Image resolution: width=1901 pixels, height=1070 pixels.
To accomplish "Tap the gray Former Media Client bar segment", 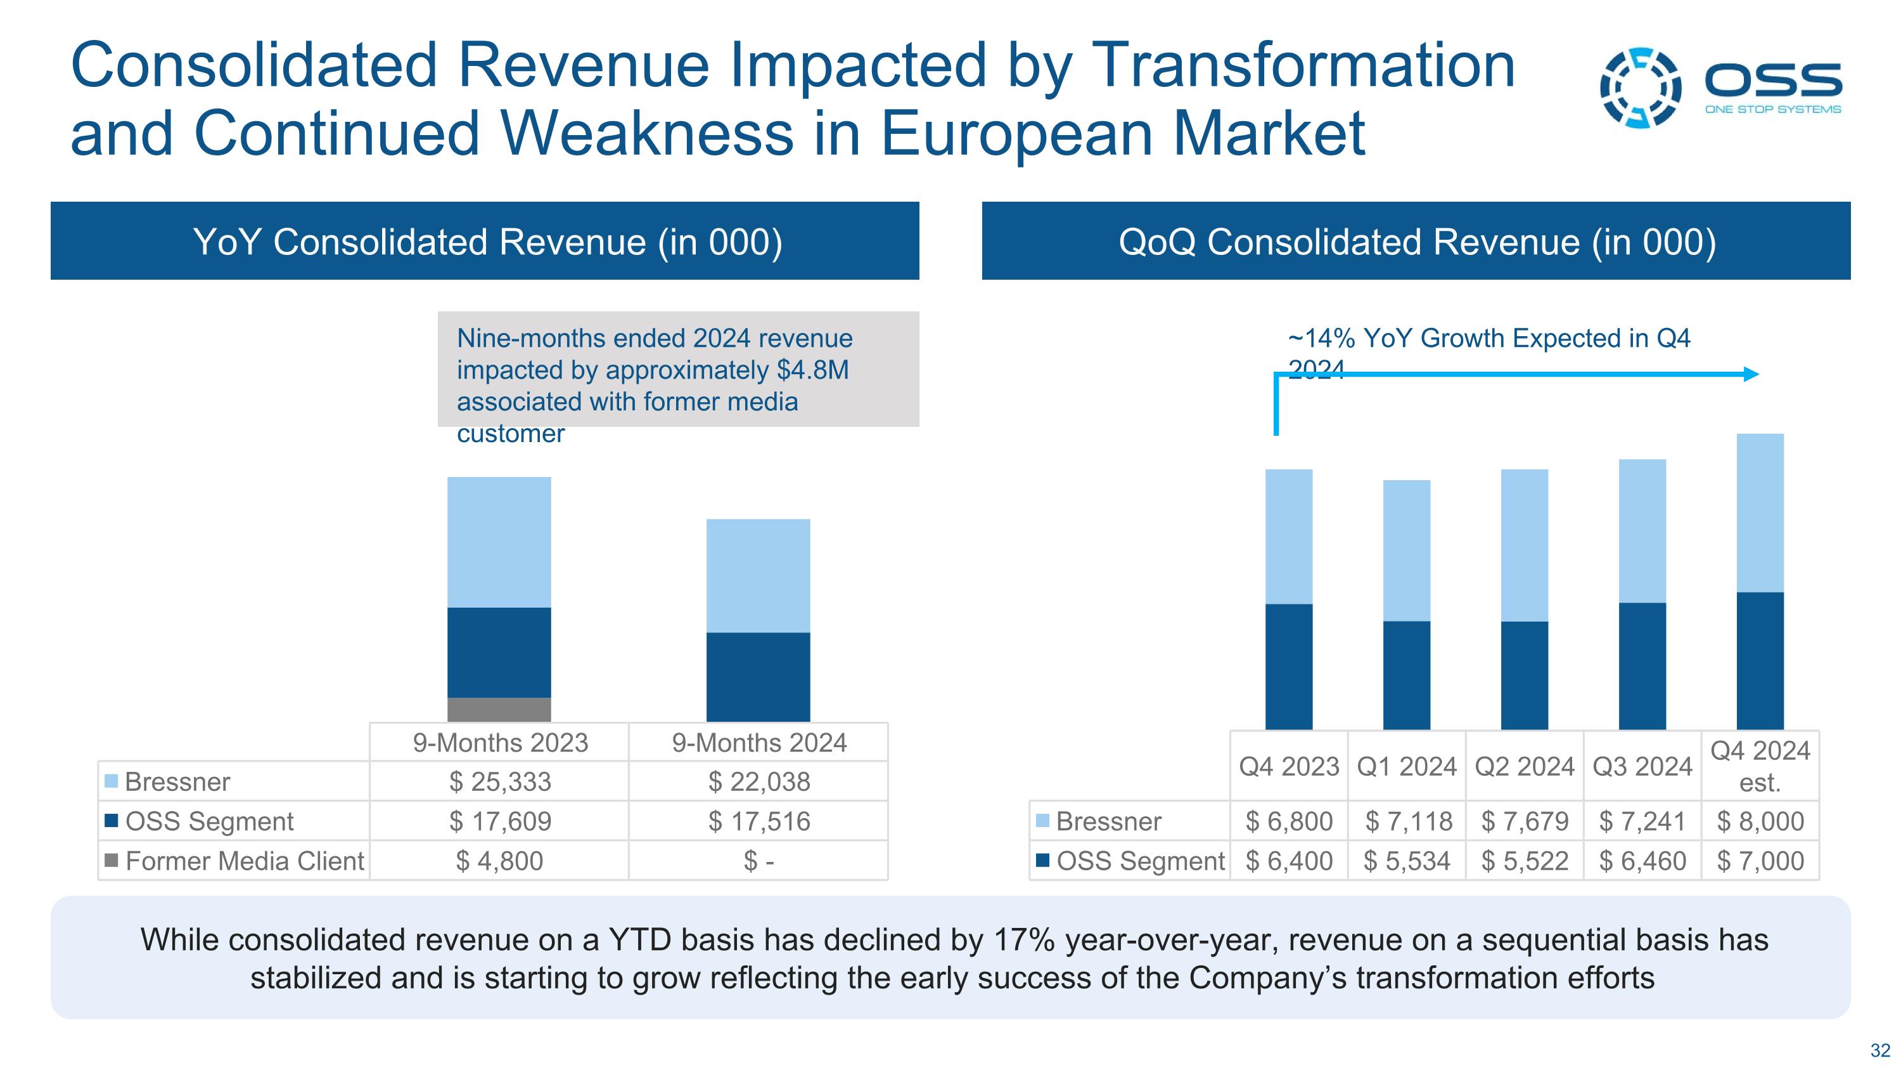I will (x=499, y=710).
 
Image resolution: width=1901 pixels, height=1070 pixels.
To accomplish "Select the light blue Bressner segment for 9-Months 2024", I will (x=758, y=575).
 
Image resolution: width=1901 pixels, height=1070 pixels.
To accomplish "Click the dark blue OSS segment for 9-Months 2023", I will (x=499, y=652).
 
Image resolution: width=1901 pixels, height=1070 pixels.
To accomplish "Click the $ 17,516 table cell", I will (x=758, y=821).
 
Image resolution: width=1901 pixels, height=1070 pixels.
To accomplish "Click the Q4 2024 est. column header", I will (x=1760, y=766).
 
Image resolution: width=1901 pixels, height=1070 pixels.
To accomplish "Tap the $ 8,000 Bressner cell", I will (x=1760, y=821).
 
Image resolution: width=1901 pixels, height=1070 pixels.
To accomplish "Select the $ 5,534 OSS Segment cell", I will (x=1407, y=861).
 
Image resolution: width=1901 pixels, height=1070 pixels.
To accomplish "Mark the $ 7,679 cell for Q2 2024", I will (x=1525, y=821).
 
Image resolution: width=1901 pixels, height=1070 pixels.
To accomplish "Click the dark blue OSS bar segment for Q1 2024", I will (x=1407, y=675).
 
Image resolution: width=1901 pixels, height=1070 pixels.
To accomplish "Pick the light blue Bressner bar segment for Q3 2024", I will (x=1642, y=531).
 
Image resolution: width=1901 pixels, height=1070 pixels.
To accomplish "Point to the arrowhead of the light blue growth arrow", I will (x=1751, y=374).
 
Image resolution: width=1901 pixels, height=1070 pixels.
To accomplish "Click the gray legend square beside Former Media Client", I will (x=112, y=860).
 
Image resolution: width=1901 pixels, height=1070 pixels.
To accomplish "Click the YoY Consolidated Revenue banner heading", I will (x=487, y=242).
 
